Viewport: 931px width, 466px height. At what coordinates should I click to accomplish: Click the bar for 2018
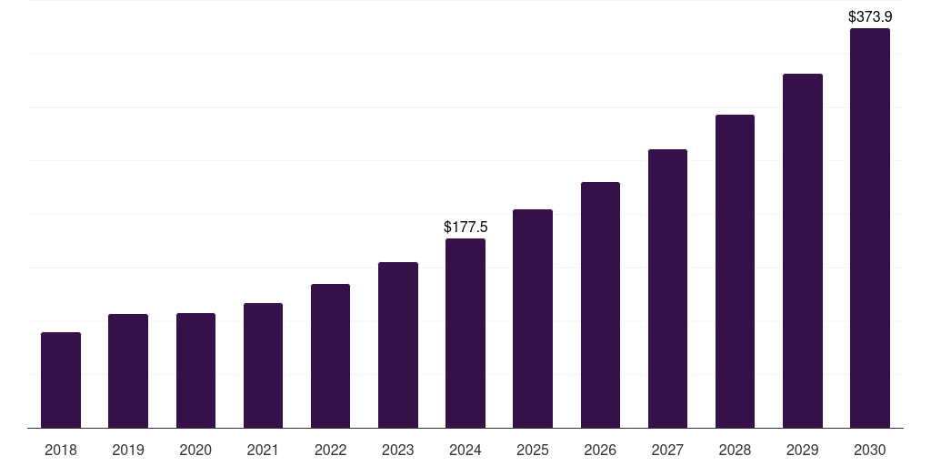pos(61,380)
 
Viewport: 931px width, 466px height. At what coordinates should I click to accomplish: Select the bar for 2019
pos(128,371)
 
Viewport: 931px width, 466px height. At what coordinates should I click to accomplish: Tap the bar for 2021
pos(263,366)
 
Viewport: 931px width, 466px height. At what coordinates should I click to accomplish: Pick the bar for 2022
pos(330,356)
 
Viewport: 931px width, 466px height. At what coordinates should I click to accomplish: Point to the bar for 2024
pos(465,333)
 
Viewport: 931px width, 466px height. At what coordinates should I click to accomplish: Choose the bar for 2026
pos(600,305)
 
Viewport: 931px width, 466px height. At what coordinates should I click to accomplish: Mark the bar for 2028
pos(735,271)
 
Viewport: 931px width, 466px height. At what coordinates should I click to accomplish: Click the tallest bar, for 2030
pos(870,228)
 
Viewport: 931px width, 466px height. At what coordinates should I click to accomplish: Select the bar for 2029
pos(803,251)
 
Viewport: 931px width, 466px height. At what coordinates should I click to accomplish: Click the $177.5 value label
pos(465,227)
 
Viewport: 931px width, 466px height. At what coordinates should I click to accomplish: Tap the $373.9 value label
pos(870,16)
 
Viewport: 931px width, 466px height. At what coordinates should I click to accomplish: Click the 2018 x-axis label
pos(61,450)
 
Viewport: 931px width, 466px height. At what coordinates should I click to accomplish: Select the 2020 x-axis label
pos(195,450)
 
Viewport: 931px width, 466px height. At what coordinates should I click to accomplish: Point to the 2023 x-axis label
pos(398,450)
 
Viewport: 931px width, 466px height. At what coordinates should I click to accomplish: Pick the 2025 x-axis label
pos(533,450)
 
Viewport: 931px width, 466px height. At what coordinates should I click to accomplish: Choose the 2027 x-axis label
pos(667,450)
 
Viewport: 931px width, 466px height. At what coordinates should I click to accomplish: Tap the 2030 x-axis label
pos(870,450)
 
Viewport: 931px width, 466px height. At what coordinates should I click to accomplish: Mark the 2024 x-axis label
pos(465,450)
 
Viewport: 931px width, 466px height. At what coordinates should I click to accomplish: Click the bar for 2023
pos(398,345)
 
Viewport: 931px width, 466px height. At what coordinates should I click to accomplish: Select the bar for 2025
pos(533,319)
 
